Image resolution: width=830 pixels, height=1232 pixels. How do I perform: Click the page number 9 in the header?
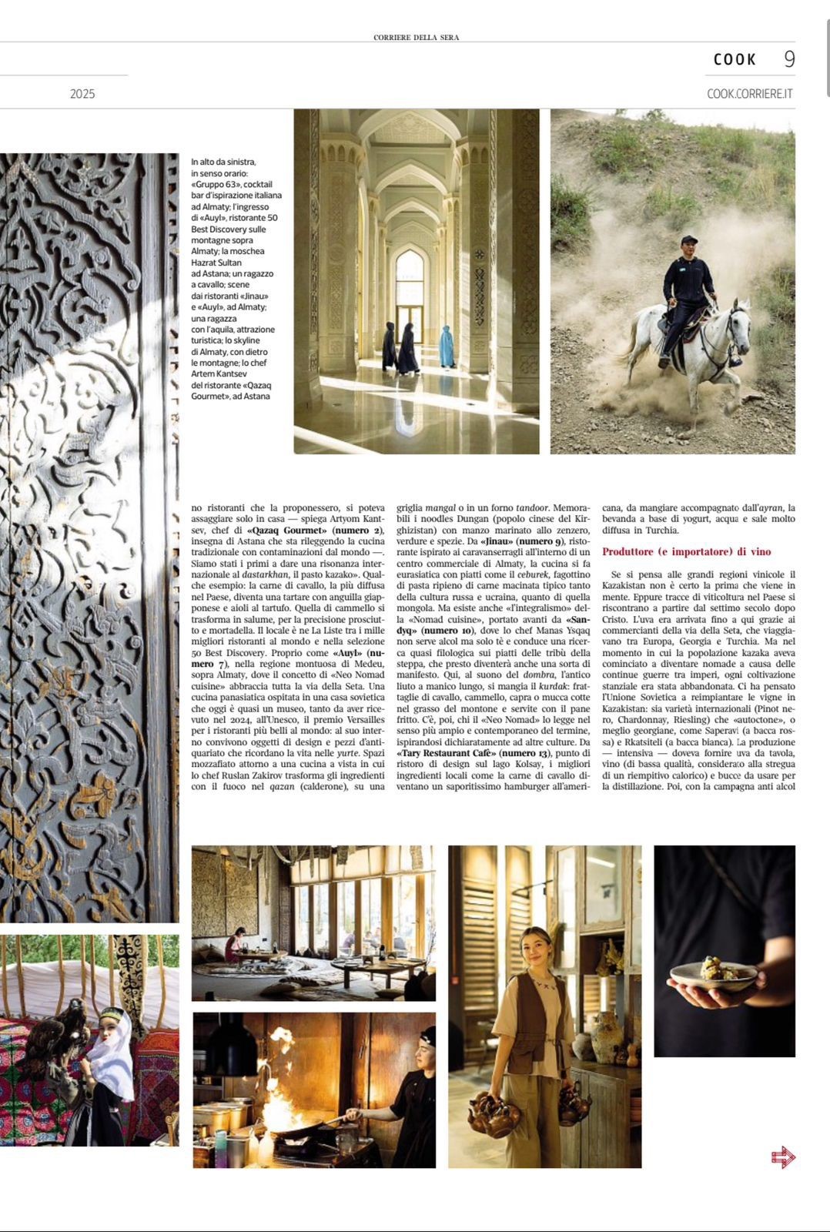point(789,59)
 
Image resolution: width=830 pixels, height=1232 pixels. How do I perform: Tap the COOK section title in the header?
point(735,59)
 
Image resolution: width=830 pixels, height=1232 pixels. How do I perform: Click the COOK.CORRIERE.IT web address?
point(749,94)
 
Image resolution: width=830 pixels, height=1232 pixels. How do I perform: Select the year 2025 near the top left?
point(82,94)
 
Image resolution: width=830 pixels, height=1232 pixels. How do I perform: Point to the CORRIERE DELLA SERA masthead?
point(416,37)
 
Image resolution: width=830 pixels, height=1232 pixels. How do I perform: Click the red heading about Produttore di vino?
point(686,552)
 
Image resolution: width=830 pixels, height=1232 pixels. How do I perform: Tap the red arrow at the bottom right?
point(782,1157)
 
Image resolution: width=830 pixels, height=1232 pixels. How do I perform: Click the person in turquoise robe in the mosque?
point(447,346)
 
